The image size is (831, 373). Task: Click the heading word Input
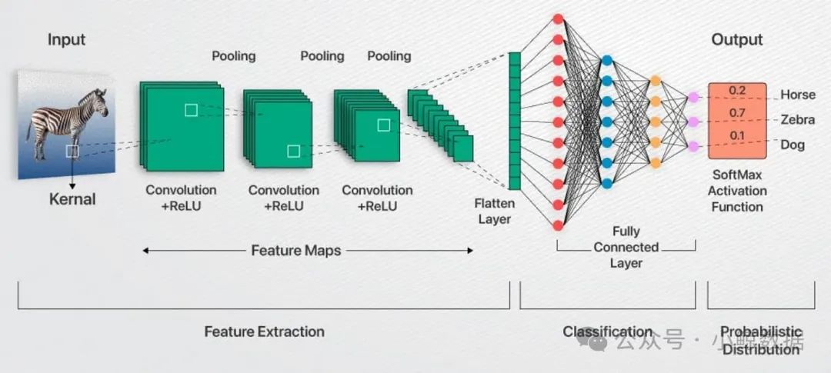[x=66, y=39]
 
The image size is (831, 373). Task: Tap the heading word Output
[x=736, y=39]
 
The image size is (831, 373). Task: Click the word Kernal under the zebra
[x=72, y=199]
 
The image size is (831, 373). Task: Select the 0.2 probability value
[x=737, y=91]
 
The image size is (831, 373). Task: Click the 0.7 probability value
[x=737, y=114]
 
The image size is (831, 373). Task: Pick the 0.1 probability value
[x=737, y=136]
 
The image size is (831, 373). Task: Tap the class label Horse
[x=797, y=95]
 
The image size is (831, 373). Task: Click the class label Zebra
[x=797, y=120]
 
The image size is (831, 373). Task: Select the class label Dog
[x=793, y=145]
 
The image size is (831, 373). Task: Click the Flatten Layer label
[x=494, y=211]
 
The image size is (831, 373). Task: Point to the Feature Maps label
[x=295, y=250]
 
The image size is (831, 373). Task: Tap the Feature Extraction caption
[x=264, y=331]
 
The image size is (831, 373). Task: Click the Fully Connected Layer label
[x=626, y=247]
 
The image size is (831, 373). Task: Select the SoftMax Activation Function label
[x=736, y=191]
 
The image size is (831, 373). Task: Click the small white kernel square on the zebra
[x=72, y=152]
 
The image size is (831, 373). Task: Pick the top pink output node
[x=693, y=97]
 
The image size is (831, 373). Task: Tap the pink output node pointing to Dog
[x=693, y=146]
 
